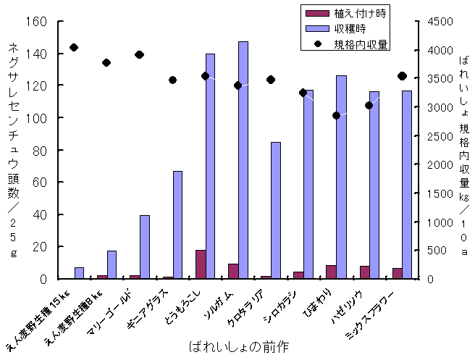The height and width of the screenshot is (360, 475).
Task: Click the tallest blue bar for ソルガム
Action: tap(243, 159)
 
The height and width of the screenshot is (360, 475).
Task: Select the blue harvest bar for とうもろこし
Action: tap(210, 166)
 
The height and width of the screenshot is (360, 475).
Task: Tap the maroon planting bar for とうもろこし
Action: tap(201, 264)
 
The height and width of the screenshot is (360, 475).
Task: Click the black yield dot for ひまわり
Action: tap(336, 115)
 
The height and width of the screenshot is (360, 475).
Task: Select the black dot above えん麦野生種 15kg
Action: tap(74, 48)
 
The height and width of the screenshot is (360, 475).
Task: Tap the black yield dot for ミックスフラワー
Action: tap(402, 76)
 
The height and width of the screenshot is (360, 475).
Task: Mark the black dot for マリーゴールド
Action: tap(140, 55)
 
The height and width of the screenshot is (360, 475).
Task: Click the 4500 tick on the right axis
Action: tap(436, 22)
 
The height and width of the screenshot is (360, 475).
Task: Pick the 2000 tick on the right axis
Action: tap(436, 164)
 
